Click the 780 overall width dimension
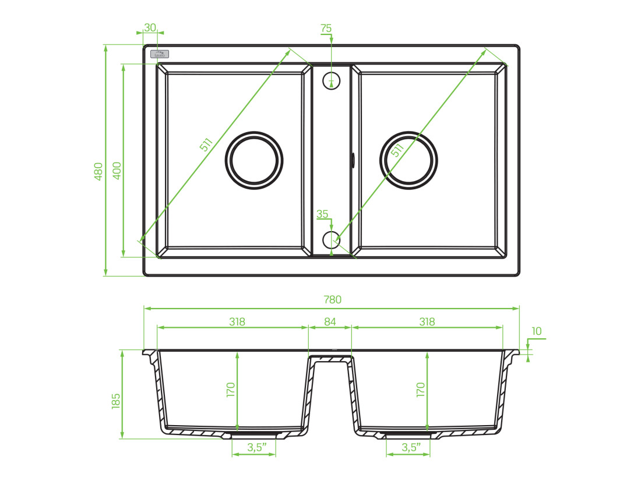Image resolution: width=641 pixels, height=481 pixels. [x=332, y=300]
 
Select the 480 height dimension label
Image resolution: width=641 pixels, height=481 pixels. [x=98, y=171]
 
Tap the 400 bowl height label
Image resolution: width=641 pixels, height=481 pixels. [x=117, y=171]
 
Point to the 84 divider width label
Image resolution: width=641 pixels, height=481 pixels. [x=330, y=321]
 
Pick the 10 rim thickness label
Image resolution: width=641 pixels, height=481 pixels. [x=536, y=331]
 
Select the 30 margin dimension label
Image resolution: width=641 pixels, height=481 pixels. [x=150, y=27]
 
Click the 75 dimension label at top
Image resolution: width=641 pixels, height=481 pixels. [x=326, y=28]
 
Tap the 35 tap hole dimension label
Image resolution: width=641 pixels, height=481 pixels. [x=322, y=214]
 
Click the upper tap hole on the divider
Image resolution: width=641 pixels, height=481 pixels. [x=331, y=80]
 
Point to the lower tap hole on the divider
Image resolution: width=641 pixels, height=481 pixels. [x=330, y=238]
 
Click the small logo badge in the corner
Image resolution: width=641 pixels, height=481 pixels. [x=160, y=54]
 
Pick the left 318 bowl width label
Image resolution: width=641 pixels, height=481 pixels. [x=236, y=321]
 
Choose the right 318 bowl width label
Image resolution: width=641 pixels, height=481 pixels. [x=427, y=321]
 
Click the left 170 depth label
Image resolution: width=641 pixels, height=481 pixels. [x=230, y=390]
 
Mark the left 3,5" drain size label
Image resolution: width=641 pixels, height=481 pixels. [x=257, y=447]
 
